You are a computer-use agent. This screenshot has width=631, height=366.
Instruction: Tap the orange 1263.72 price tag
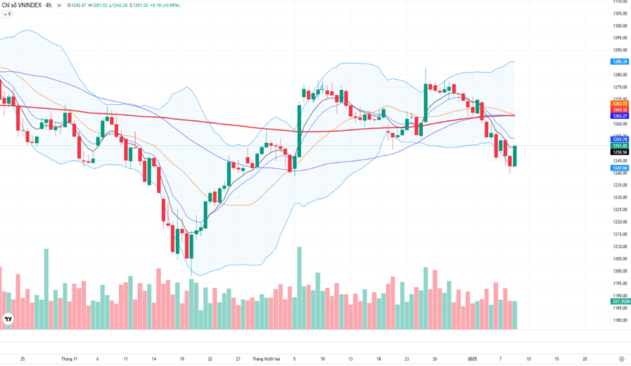[x=620, y=103]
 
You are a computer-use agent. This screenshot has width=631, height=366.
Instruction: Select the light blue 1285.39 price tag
[x=620, y=62]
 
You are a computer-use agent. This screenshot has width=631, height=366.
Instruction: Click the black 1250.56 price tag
[x=620, y=152]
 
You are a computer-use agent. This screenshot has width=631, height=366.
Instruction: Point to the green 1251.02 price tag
[x=620, y=146]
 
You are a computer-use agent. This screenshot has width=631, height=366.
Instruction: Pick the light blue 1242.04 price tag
[x=620, y=168]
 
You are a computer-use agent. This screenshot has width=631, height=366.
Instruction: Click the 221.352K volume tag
[x=620, y=301]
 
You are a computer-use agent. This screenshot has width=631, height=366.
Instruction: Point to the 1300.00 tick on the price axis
[x=620, y=26]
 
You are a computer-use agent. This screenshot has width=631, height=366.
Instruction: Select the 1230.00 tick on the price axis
[x=620, y=197]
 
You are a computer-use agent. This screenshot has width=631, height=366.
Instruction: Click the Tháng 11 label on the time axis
[x=69, y=359]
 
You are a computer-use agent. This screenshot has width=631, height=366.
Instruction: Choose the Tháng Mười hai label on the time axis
[x=266, y=359]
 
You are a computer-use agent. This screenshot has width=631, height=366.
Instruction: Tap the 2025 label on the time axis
[x=473, y=359]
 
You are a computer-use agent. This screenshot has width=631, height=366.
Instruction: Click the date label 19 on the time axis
[x=181, y=359]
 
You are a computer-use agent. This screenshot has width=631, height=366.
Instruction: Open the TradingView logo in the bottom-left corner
[x=8, y=319]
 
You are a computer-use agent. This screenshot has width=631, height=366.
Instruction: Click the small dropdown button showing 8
[x=7, y=14]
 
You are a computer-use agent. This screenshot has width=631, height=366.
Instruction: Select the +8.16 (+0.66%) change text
[x=163, y=5]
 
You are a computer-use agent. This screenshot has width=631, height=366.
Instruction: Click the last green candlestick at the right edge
[x=515, y=156]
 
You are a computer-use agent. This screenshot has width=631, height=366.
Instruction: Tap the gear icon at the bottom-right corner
[x=621, y=359]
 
